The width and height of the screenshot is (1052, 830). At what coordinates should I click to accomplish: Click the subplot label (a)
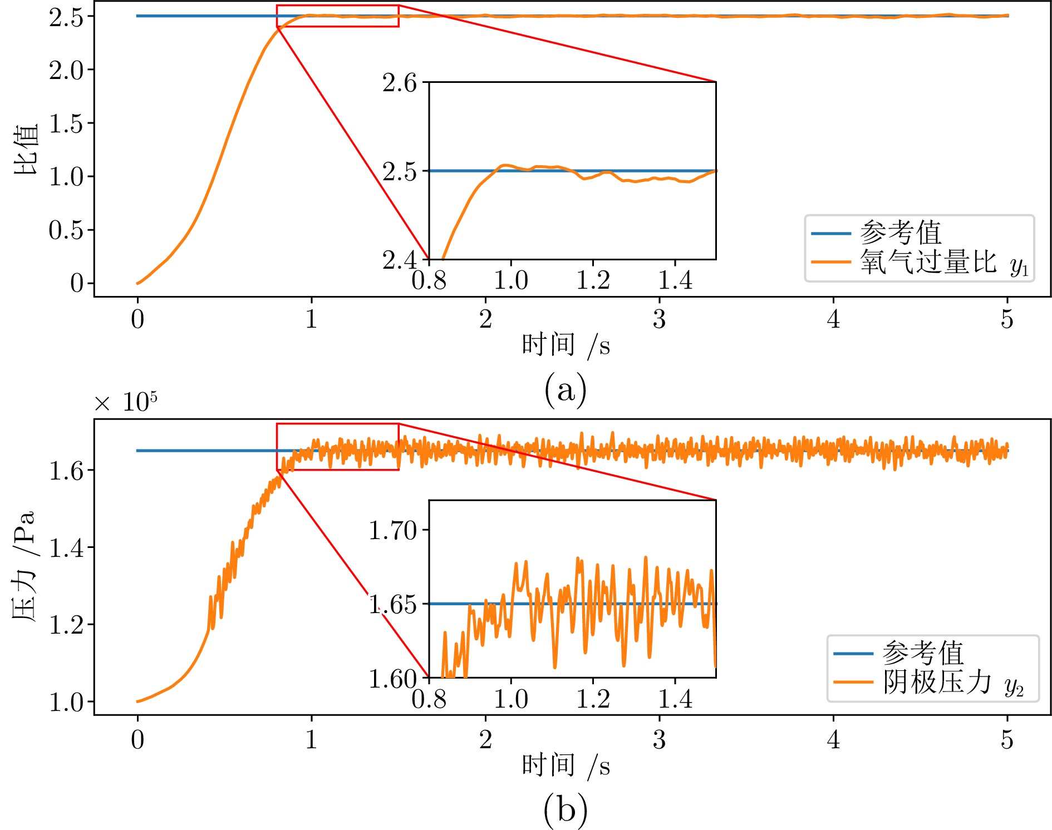click(565, 389)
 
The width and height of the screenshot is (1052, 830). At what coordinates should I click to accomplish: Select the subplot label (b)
click(565, 809)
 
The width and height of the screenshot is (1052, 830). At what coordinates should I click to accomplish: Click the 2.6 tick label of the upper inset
click(399, 83)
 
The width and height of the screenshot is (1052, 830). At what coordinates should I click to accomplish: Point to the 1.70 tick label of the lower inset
click(392, 531)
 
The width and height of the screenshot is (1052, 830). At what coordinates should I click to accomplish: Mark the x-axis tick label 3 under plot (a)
click(659, 320)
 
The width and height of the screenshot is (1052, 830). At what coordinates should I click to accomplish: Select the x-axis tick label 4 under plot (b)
click(833, 740)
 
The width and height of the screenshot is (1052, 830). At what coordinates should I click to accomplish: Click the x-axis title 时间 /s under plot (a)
click(565, 345)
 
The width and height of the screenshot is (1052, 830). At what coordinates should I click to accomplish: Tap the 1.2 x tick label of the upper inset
click(593, 280)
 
